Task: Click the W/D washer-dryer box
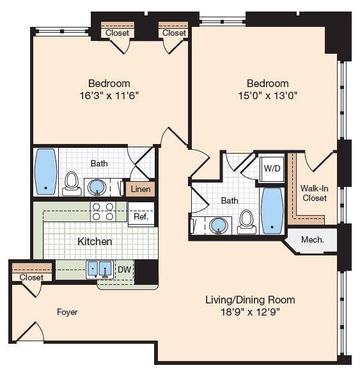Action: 272,169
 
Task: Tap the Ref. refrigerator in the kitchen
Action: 141,214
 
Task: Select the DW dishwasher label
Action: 124,269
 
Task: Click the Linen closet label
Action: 141,189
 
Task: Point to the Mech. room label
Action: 313,240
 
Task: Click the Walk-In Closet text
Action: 315,193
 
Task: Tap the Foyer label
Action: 67,312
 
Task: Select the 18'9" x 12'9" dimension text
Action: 250,312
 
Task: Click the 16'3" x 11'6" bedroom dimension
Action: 109,96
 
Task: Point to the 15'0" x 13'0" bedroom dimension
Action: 267,96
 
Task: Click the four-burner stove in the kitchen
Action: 103,211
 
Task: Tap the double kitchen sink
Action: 100,269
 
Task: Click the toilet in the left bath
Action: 71,184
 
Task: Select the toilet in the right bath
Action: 246,221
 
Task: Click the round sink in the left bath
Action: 97,188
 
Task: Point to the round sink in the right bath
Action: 219,226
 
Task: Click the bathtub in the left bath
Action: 46,172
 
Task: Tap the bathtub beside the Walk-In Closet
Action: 272,211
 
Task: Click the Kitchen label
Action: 95,241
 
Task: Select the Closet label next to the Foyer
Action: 31,277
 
